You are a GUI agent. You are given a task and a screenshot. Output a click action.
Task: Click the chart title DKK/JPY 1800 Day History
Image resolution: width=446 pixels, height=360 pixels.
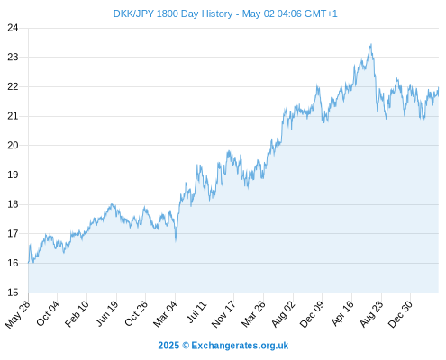click(x=173, y=13)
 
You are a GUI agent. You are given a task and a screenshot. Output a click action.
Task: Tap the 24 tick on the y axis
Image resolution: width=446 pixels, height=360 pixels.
click(x=13, y=28)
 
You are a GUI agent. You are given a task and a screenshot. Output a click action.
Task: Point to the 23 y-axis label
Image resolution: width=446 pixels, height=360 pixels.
click(x=13, y=57)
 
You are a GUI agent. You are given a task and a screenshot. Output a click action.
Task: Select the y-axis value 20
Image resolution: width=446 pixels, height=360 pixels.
click(x=13, y=145)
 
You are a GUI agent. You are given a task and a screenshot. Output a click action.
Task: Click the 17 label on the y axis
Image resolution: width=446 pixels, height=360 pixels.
click(x=13, y=233)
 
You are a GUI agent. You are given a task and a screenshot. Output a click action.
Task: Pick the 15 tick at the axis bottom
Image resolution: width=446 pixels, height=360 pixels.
click(x=13, y=292)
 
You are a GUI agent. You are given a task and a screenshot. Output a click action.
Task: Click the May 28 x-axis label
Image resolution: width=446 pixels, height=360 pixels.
click(x=18, y=314)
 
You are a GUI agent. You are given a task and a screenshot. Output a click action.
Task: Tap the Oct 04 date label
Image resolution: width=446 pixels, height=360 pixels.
click(x=48, y=313)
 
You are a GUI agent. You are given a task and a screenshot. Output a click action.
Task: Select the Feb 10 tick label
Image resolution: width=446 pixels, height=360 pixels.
click(x=77, y=313)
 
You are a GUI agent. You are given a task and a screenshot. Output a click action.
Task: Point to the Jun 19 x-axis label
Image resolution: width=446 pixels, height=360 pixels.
click(x=107, y=313)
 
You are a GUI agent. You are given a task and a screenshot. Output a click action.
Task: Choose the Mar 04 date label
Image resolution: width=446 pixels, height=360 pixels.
click(x=166, y=314)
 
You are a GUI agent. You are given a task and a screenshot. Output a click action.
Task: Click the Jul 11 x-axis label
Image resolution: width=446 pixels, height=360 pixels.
click(x=197, y=311)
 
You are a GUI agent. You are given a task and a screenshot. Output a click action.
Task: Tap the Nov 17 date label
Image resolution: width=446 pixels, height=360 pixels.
click(x=223, y=314)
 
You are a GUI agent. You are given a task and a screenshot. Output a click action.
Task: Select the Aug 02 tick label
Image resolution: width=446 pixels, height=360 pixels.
click(x=283, y=314)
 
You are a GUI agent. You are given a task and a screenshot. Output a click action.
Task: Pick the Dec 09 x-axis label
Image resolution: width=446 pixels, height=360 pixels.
click(x=313, y=314)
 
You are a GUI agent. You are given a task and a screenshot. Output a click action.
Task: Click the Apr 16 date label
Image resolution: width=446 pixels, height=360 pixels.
click(x=342, y=313)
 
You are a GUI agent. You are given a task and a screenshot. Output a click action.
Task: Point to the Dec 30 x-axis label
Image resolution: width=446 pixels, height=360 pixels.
click(x=400, y=314)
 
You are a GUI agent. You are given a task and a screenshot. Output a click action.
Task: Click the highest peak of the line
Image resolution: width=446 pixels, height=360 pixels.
click(x=371, y=44)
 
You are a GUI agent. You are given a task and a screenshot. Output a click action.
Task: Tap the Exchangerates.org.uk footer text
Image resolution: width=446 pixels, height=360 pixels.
click(x=240, y=346)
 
